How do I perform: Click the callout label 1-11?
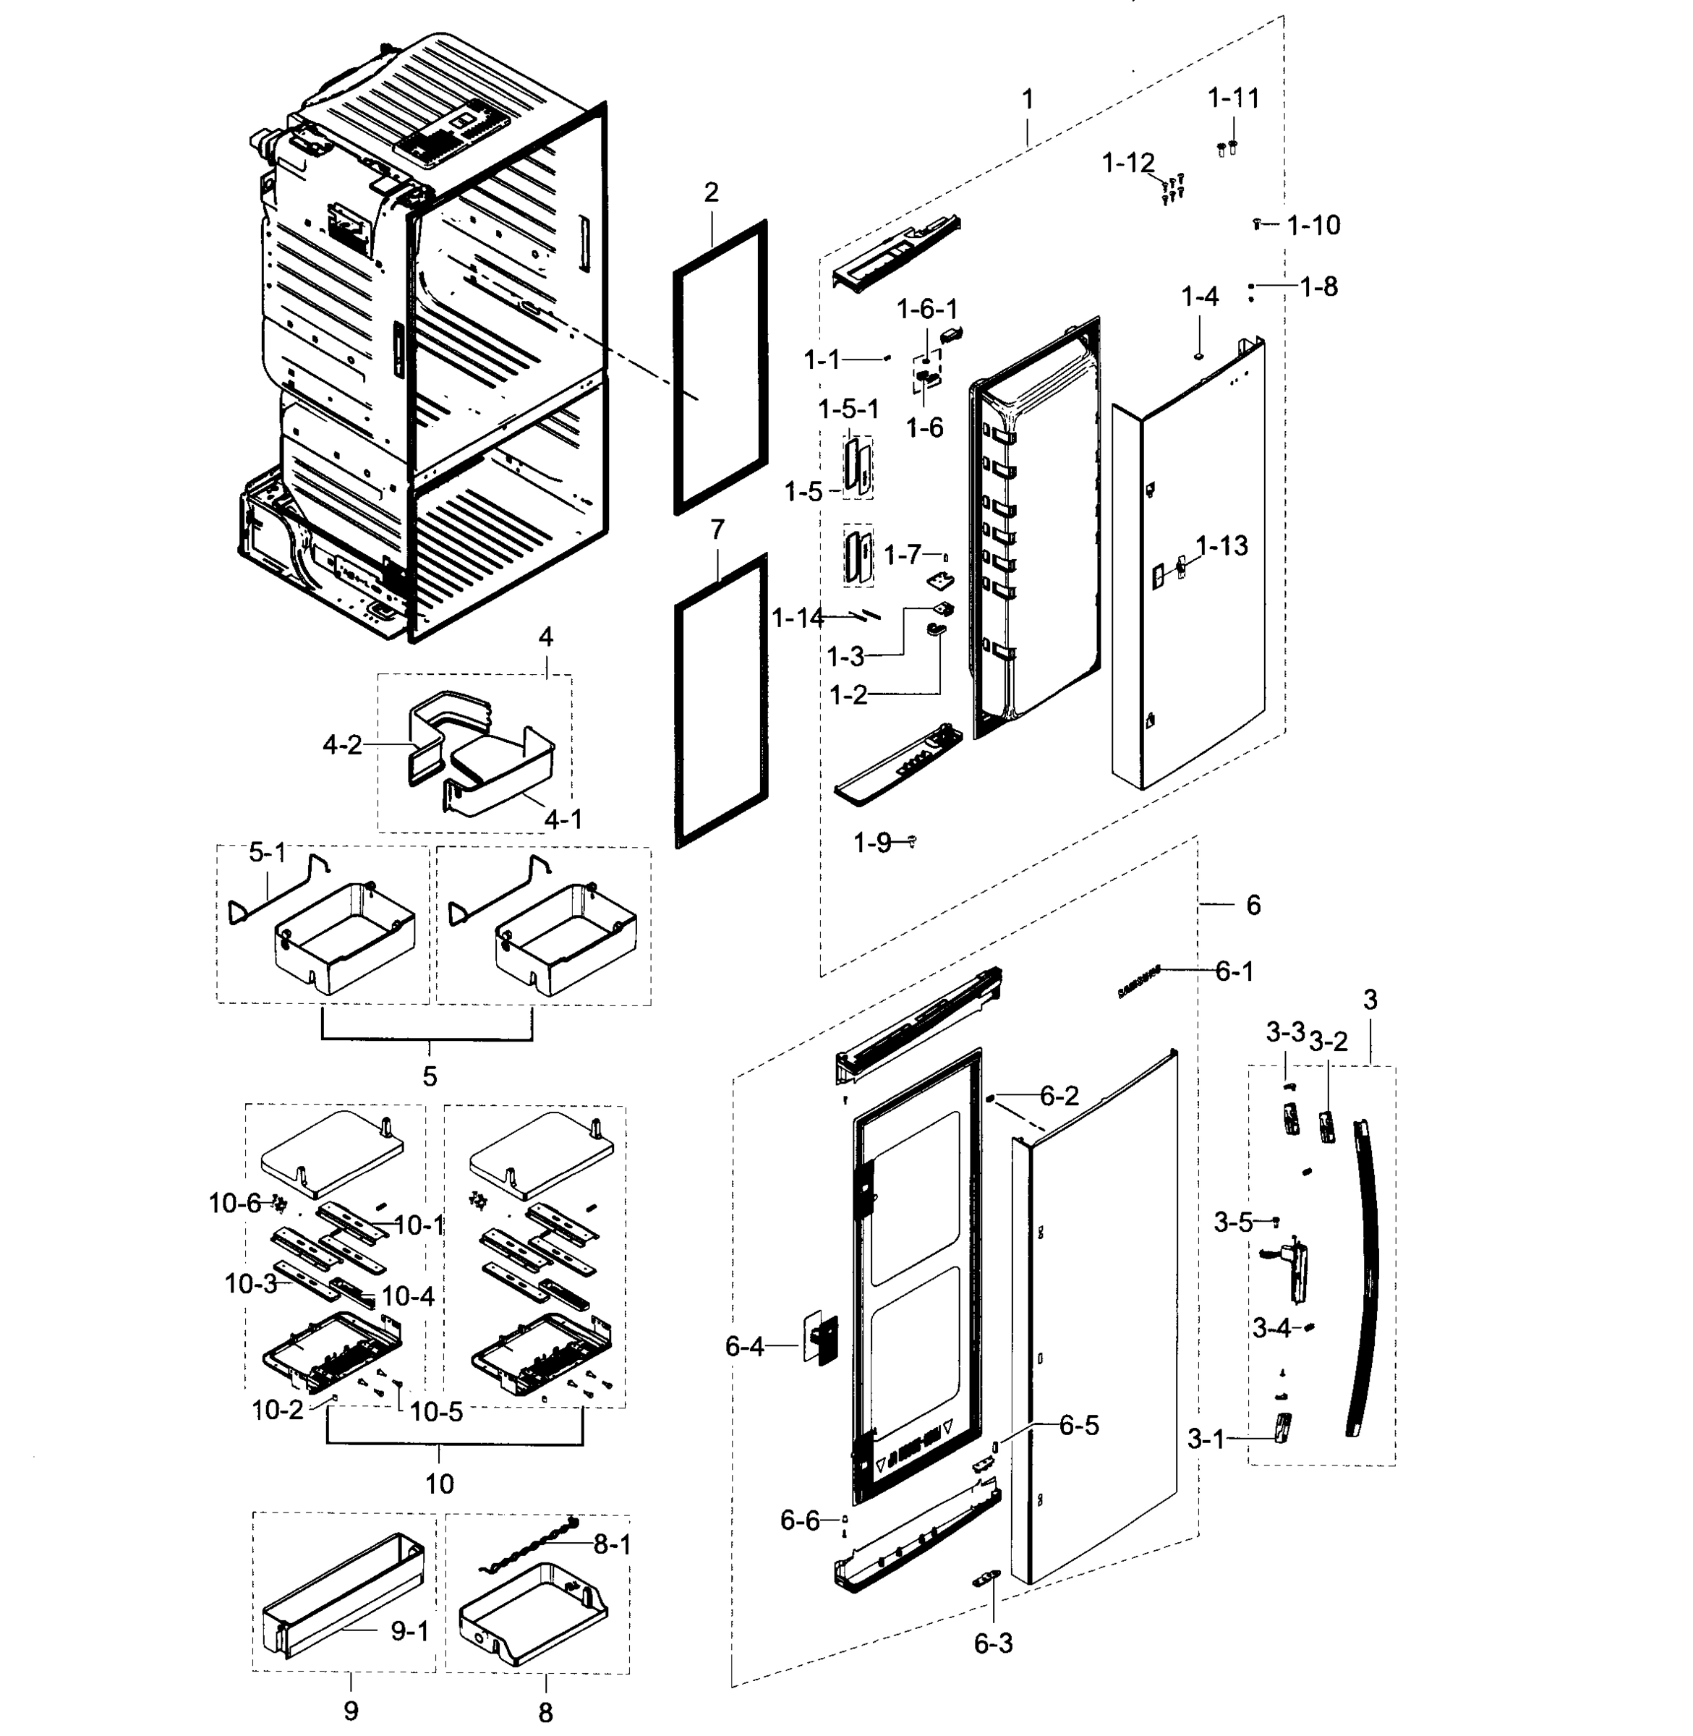[x=1233, y=98]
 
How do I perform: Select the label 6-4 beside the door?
[x=744, y=1346]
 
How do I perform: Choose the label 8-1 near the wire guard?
[x=612, y=1545]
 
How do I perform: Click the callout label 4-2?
[x=342, y=744]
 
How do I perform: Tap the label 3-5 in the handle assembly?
[x=1233, y=1223]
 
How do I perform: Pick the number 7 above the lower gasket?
[x=717, y=529]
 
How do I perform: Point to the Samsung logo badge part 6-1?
[x=1139, y=980]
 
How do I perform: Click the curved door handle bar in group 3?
[x=1367, y=1280]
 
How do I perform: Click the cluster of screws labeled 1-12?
[x=1173, y=187]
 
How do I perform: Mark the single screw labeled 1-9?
[x=911, y=841]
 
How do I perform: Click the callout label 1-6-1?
[x=926, y=309]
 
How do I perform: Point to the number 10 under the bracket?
[x=439, y=1484]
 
